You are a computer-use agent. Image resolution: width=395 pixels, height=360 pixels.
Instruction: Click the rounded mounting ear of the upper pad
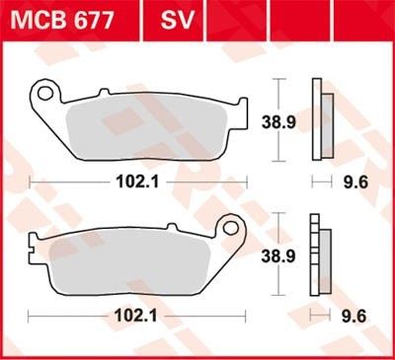click(x=43, y=95)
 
